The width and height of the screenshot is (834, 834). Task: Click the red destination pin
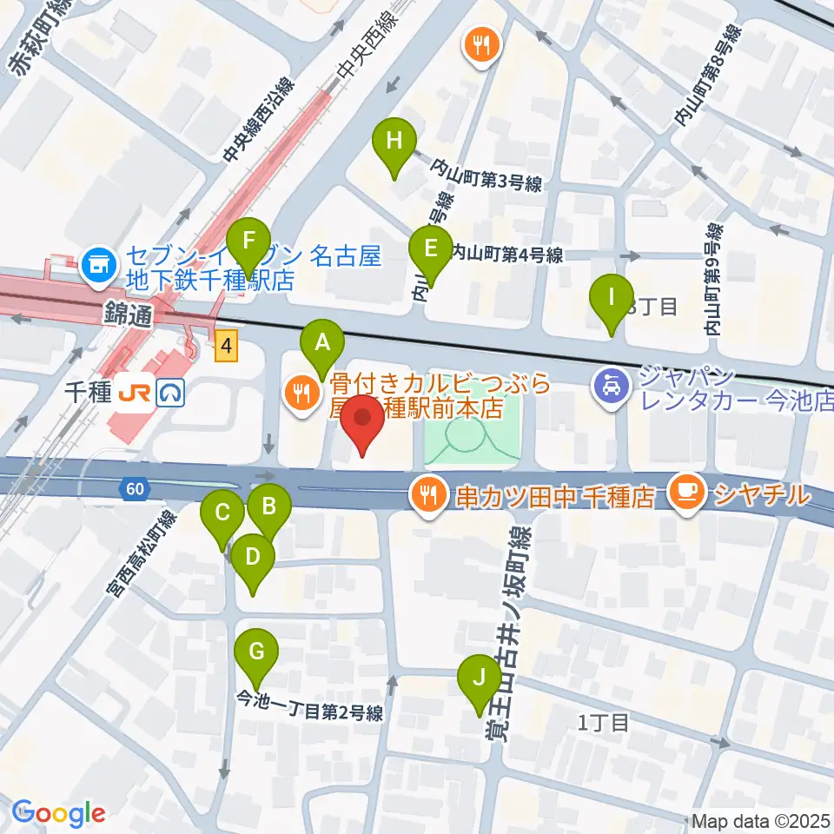point(362,422)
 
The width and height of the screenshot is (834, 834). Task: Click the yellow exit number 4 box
point(226,347)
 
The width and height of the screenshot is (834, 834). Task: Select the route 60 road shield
point(134,490)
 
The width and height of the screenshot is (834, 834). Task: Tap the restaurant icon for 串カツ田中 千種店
point(428,494)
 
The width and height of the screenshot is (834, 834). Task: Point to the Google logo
point(58,814)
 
